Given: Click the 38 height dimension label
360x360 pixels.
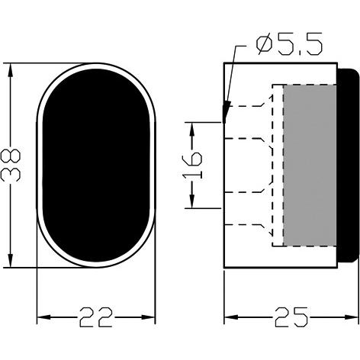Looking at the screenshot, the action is point(11,166).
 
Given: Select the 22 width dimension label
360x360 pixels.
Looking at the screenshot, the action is point(96,317).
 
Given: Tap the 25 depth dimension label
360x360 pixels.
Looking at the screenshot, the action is point(291,317).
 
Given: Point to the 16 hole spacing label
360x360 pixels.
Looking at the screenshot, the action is point(192,166).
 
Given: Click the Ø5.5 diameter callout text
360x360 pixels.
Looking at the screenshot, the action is point(289,45).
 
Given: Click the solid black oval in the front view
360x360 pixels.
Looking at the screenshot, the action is point(96,166).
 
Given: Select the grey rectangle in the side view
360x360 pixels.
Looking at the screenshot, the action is point(310,166).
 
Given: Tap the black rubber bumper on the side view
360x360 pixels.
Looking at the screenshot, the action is point(349,166).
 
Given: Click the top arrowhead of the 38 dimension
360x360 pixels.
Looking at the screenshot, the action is point(11,69).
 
